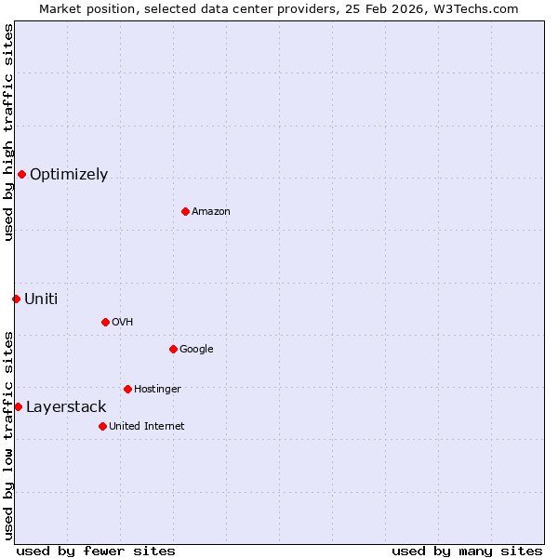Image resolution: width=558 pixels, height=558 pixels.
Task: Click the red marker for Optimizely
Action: pyautogui.click(x=21, y=174)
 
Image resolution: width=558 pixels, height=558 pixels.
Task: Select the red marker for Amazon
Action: pyautogui.click(x=185, y=211)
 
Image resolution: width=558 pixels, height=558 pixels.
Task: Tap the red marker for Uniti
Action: pyautogui.click(x=16, y=299)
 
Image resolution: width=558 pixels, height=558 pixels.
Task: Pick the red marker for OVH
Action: pyautogui.click(x=105, y=322)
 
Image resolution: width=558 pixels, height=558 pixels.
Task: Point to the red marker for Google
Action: pyautogui.click(x=173, y=349)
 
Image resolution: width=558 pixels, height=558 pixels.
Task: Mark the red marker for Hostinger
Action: pyautogui.click(x=127, y=389)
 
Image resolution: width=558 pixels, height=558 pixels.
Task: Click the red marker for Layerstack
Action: pyautogui.click(x=18, y=406)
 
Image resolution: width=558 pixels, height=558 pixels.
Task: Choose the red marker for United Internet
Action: pyautogui.click(x=102, y=426)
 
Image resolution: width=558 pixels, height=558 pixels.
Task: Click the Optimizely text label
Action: pyautogui.click(x=69, y=175)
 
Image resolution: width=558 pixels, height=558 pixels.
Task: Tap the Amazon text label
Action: pyautogui.click(x=211, y=212)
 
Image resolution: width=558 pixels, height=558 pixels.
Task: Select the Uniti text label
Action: pyautogui.click(x=41, y=299)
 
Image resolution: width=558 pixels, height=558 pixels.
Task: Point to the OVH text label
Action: pyautogui.click(x=123, y=323)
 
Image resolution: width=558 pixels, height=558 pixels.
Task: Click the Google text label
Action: pyautogui.click(x=196, y=350)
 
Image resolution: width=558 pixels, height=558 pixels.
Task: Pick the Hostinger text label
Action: pyautogui.click(x=157, y=390)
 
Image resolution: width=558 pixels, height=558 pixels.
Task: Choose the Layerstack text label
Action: pyautogui.click(x=66, y=407)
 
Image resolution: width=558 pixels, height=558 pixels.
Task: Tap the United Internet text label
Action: pyautogui.click(x=147, y=427)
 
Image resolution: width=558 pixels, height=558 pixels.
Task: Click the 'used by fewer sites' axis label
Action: pyautogui.click(x=96, y=551)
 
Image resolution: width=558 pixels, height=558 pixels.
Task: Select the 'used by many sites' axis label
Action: pyautogui.click(x=467, y=551)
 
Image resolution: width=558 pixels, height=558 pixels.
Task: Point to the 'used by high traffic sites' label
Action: pyautogui.click(x=8, y=133)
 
